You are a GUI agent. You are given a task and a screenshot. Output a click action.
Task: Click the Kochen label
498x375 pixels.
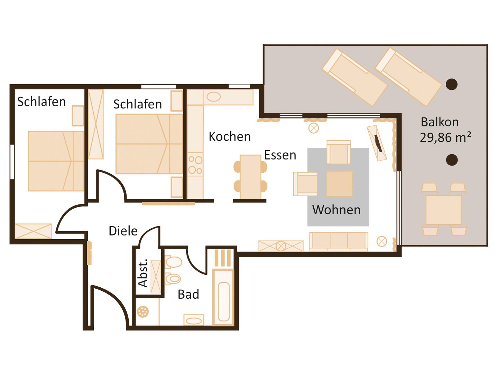(229, 136)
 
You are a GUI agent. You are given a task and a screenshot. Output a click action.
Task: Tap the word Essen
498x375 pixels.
(280, 155)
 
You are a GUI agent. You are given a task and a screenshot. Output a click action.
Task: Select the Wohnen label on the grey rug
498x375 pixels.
(336, 210)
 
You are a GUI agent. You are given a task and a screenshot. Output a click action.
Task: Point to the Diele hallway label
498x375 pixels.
(123, 231)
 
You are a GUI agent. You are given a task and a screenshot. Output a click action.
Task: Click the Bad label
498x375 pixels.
(188, 295)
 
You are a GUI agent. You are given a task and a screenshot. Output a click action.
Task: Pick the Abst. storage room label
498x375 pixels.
(143, 273)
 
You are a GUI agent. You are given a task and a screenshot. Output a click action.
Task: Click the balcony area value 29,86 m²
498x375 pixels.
(445, 137)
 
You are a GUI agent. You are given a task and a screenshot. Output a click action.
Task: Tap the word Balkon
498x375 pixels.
(440, 122)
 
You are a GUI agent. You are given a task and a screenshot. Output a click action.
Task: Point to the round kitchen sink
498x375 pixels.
(213, 97)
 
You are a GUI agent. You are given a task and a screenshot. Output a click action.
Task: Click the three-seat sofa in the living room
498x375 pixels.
(339, 242)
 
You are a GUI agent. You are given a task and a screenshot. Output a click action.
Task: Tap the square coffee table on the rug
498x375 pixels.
(339, 183)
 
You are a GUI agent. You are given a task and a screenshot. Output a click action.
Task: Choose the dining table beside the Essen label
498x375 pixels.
(250, 177)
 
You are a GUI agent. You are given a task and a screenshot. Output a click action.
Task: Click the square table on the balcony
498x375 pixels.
(444, 210)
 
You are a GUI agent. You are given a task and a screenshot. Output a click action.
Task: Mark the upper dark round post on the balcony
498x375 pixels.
(452, 84)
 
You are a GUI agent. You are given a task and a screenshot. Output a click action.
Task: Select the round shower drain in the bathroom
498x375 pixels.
(143, 312)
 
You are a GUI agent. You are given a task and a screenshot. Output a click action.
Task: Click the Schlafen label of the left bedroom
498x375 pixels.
(41, 102)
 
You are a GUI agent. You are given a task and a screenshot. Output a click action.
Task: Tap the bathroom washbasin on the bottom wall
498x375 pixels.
(194, 320)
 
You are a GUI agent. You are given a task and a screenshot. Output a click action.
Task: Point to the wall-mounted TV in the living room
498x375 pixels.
(378, 144)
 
